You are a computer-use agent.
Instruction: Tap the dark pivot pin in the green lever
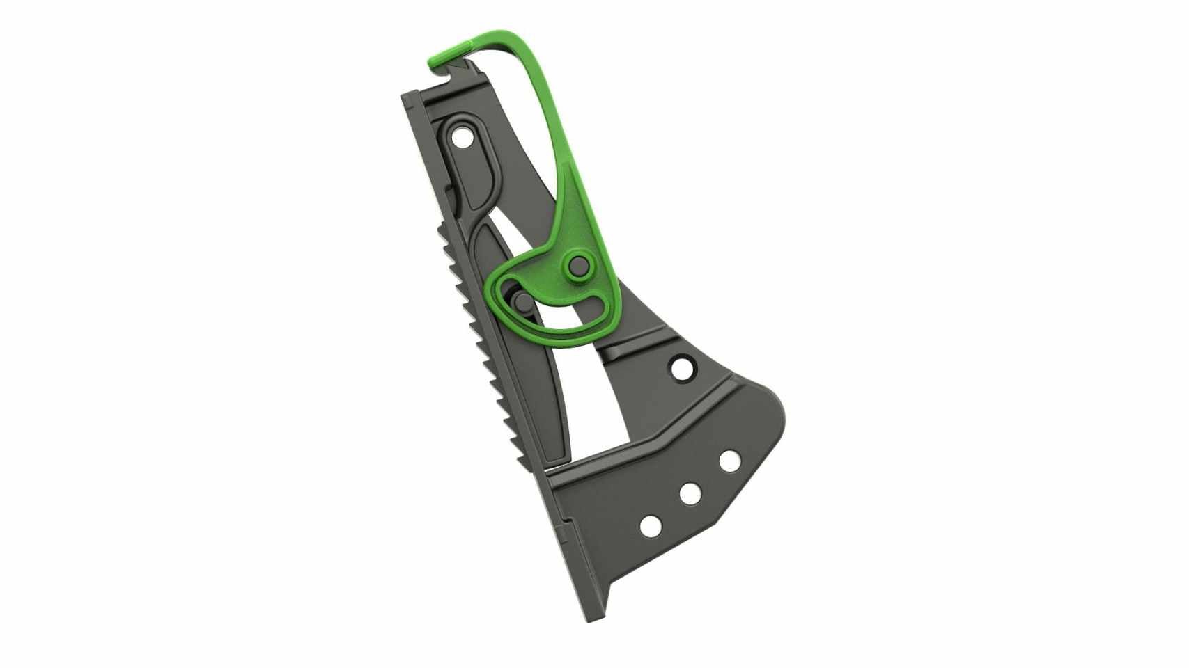coord(577,264)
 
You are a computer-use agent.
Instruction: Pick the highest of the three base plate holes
coord(729,461)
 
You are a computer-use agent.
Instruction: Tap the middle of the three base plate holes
coord(690,493)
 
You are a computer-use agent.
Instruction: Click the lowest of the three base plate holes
coord(651,526)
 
